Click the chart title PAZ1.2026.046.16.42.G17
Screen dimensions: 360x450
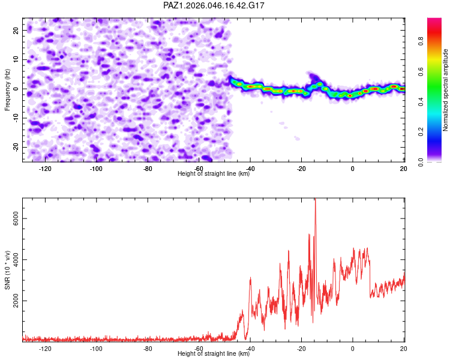tap(214, 5)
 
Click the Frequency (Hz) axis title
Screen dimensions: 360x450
tap(8, 89)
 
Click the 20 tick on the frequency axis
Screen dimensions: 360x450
tap(17, 30)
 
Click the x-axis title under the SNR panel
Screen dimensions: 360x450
tap(214, 355)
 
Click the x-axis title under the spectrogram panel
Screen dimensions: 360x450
tap(214, 174)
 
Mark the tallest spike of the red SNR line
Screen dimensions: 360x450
tap(315, 200)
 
